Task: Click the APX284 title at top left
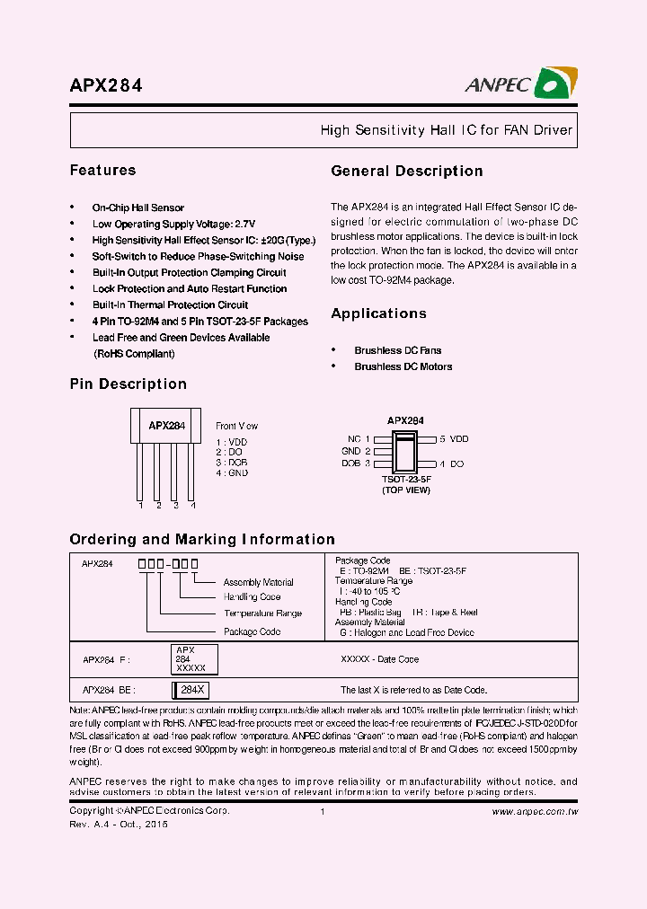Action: pos(106,86)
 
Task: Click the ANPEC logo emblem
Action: pos(555,84)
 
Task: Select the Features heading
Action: pos(102,170)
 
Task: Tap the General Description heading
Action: pos(406,171)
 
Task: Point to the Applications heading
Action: pos(378,313)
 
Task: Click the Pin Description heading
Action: pos(128,384)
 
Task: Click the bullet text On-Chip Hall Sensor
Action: pos(137,207)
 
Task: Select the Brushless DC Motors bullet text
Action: pos(403,366)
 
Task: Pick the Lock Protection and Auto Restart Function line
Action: pos(190,288)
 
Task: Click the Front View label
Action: pos(236,426)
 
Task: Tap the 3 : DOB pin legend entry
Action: pos(232,463)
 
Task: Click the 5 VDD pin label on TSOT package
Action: pos(454,439)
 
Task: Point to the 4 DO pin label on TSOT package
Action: pos(451,463)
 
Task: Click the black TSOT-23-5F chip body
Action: pos(405,451)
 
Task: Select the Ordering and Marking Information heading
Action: pos(202,539)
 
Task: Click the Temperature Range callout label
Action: pos(262,613)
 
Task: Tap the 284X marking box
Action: pos(192,690)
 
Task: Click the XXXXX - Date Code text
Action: pos(378,659)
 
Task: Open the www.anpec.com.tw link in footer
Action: pos(535,811)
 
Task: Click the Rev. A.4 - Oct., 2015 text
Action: pos(119,824)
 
